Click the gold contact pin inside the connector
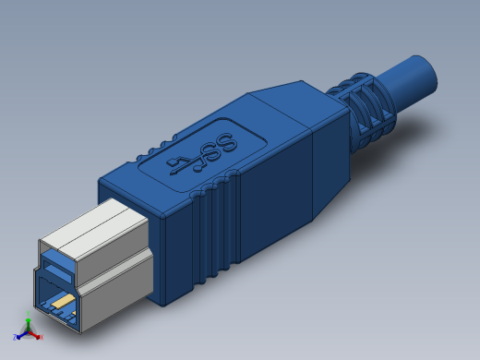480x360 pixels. [x=62, y=301]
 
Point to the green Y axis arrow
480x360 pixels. [x=28, y=322]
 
